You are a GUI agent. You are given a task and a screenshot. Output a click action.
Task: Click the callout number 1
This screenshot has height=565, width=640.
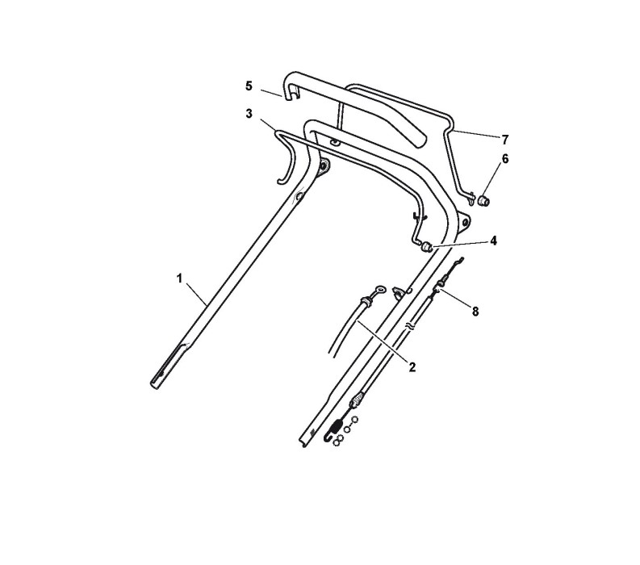click(x=179, y=278)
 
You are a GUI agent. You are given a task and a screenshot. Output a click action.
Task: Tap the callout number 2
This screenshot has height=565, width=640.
click(x=412, y=367)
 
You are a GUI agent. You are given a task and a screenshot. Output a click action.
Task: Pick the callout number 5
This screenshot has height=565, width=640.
click(x=249, y=85)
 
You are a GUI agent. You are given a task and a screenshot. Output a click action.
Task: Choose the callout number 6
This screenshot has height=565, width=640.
click(x=505, y=159)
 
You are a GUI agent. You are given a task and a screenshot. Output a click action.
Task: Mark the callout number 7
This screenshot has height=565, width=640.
click(x=505, y=139)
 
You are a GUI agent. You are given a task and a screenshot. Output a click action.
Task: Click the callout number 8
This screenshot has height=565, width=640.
click(x=475, y=311)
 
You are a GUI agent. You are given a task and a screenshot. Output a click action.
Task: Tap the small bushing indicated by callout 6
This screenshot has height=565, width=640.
click(x=486, y=199)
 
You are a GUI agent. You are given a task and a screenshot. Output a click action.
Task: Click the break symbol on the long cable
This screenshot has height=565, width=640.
click(x=412, y=327)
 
